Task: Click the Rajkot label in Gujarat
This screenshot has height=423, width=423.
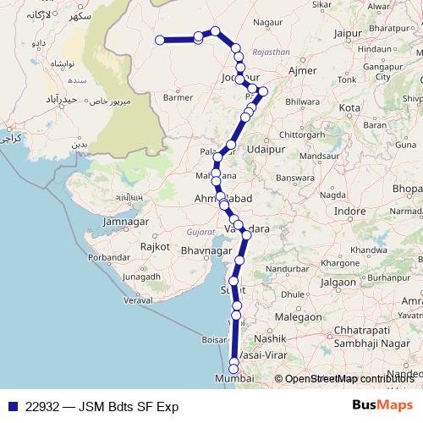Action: click(x=156, y=246)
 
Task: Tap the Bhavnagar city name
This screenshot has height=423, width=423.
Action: click(x=201, y=252)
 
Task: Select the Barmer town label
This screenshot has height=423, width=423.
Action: click(x=178, y=97)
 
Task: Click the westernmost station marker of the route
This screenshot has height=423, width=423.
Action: click(x=159, y=39)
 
